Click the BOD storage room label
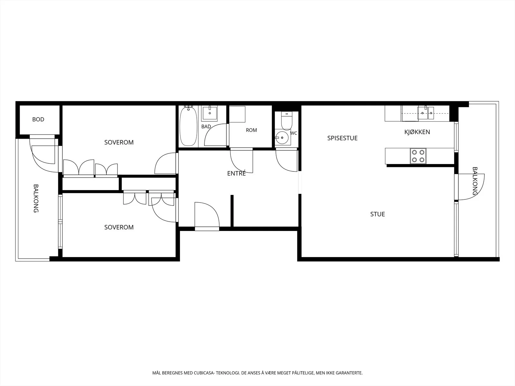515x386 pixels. (38, 120)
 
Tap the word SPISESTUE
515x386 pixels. (342, 138)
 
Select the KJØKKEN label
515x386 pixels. (417, 132)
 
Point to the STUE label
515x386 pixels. (378, 214)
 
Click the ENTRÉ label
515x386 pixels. (237, 173)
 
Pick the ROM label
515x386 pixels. (251, 130)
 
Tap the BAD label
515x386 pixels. (206, 126)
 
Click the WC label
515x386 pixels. (294, 133)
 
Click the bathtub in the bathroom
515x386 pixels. (188, 126)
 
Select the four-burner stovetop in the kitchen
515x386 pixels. (418, 156)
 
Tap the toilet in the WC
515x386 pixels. (286, 121)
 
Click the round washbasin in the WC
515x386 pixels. (282, 138)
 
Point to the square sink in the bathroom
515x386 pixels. (210, 113)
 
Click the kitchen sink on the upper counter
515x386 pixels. (426, 113)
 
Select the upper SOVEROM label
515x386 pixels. (119, 142)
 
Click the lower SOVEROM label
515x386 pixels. (119, 227)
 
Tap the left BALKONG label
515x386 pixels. (36, 198)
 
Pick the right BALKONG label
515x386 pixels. (475, 181)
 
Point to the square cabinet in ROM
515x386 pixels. (237, 114)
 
